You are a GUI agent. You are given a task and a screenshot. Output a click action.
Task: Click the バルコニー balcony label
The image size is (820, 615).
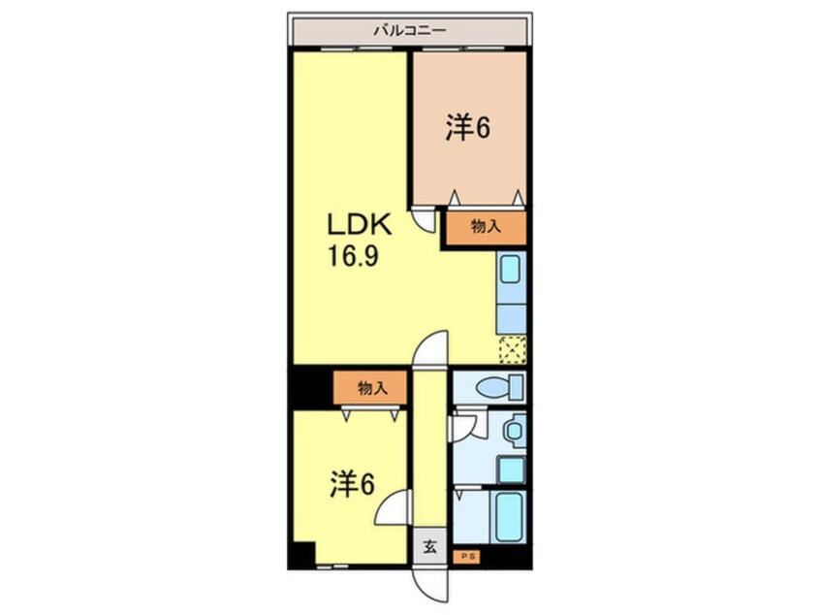(x=409, y=30)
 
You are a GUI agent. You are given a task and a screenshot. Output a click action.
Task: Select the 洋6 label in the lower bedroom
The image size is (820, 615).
(x=351, y=486)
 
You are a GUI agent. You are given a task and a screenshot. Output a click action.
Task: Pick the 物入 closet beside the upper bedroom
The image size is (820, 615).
(x=486, y=227)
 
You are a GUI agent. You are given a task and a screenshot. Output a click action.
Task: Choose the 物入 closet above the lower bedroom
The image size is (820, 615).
(x=372, y=388)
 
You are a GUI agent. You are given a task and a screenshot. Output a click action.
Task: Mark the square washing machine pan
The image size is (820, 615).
(x=510, y=469)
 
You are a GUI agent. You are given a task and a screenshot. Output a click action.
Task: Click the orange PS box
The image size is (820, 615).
(x=466, y=557)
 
